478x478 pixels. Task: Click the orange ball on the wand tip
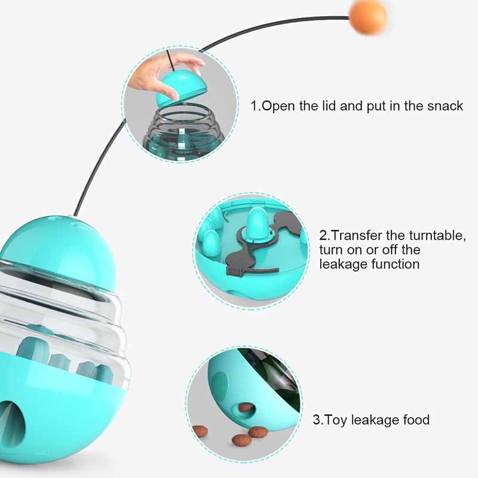[368, 16]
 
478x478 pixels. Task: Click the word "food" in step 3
[416, 420]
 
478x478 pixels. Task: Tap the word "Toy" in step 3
[335, 420]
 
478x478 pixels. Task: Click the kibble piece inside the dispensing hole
[246, 407]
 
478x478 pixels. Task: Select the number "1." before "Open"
[256, 106]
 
